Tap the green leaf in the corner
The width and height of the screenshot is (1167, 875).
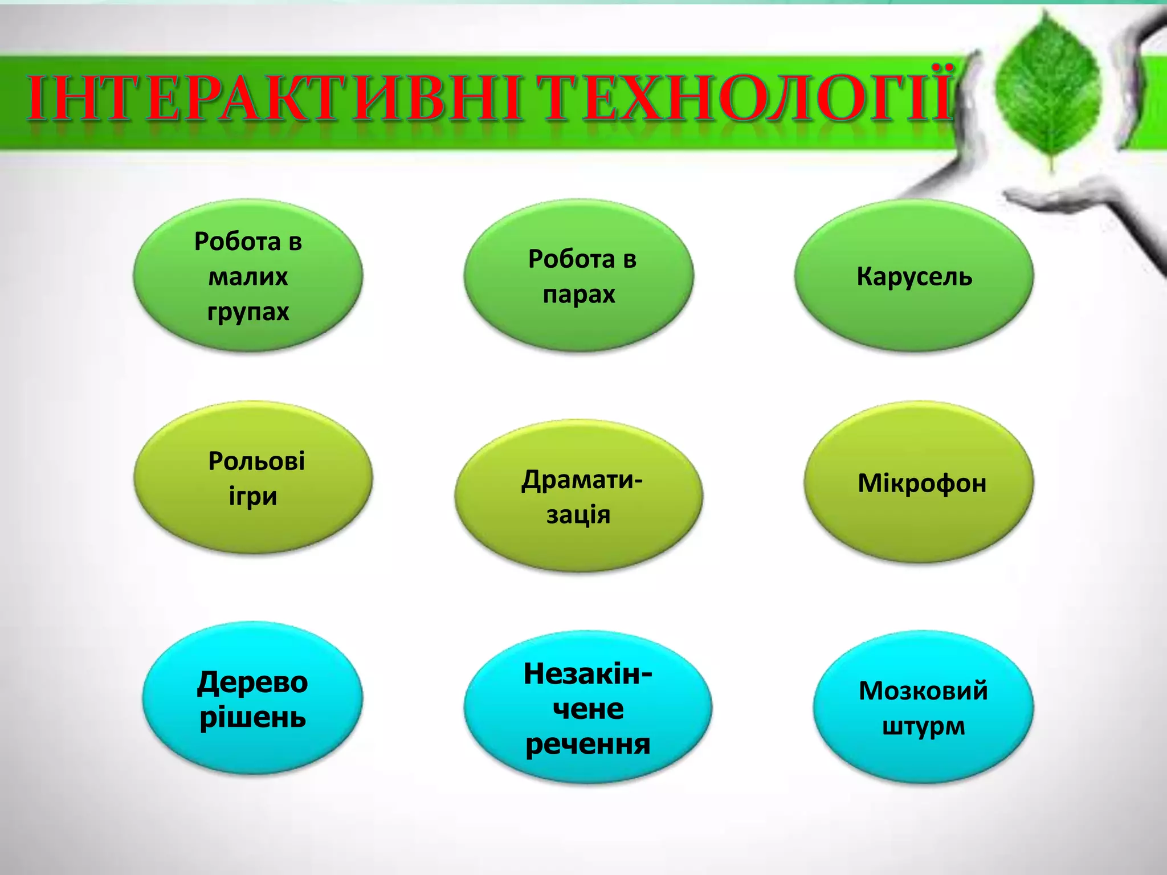pyautogui.click(x=1048, y=91)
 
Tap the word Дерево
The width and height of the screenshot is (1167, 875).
pyautogui.click(x=252, y=682)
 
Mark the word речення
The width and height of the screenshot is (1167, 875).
pyautogui.click(x=587, y=744)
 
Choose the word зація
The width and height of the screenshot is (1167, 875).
pyautogui.click(x=578, y=515)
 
